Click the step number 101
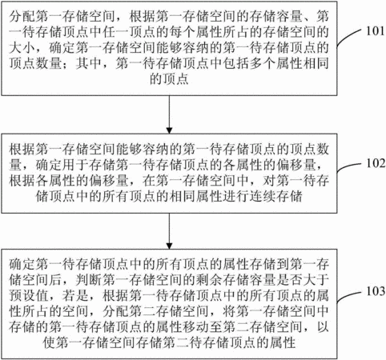[x=375, y=31]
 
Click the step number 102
[x=376, y=163]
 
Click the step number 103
[x=376, y=291]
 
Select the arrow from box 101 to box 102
[x=169, y=114]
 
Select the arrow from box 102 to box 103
[x=169, y=231]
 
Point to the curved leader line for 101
[x=349, y=37]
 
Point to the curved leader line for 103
[x=349, y=296]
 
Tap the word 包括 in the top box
[x=235, y=64]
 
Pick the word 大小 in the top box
[x=22, y=48]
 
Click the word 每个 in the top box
[x=182, y=32]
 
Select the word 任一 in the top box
[x=115, y=32]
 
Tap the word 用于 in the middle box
[x=75, y=165]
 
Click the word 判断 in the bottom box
[x=89, y=280]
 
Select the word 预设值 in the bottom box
[x=29, y=295]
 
